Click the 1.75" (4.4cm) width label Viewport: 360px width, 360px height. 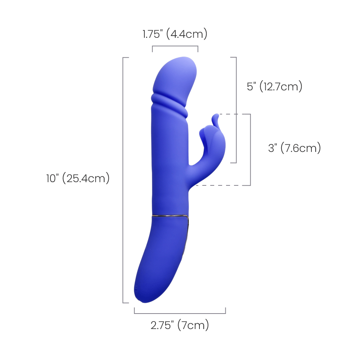[175, 34]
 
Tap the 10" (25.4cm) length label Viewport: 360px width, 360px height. [78, 178]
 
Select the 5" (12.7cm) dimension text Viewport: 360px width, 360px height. [275, 86]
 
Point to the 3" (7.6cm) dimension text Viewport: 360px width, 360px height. [294, 148]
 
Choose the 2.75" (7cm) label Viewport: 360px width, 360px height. [180, 325]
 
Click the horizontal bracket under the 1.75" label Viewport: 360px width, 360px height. [175, 46]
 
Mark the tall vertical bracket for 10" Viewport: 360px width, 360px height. [123, 180]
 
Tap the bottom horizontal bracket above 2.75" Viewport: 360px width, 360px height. [180, 313]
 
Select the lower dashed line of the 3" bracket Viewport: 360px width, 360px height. [223, 185]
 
